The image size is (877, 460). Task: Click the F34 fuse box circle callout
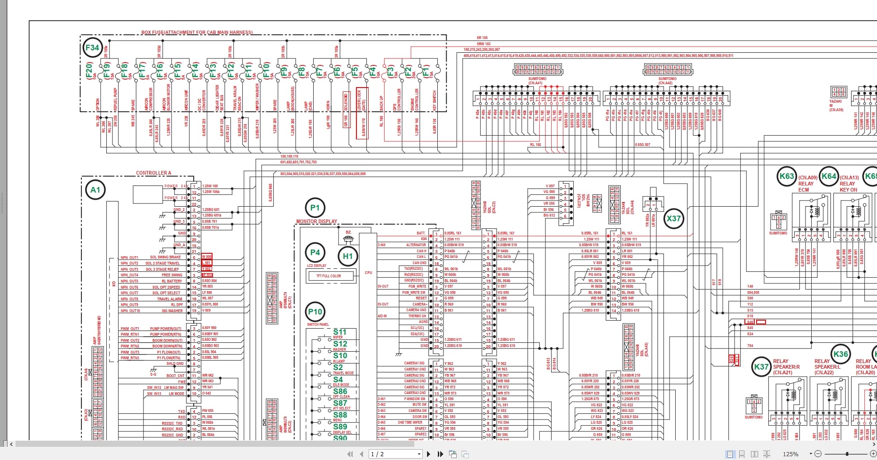[x=92, y=48]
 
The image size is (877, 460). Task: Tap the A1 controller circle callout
[x=95, y=190]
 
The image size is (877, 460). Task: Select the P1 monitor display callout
[x=315, y=208]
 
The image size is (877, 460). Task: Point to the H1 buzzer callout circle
[x=348, y=256]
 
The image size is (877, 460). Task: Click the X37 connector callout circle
[x=673, y=218]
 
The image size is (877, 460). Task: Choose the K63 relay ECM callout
[x=787, y=177]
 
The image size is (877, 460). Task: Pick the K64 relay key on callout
[x=829, y=177]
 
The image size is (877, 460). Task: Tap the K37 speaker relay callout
[x=761, y=367]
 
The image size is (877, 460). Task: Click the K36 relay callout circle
[x=840, y=354]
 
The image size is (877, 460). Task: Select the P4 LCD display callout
[x=315, y=252]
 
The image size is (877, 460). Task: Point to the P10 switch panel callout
[x=315, y=311]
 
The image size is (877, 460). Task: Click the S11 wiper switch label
[x=340, y=332]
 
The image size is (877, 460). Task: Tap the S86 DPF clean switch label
[x=340, y=392]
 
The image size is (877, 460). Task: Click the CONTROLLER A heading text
[x=154, y=173]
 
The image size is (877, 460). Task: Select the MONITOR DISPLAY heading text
[x=316, y=221]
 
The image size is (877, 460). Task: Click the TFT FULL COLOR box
[x=329, y=276]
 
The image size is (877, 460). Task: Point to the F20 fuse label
[x=89, y=71]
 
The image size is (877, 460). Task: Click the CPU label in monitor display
[x=368, y=273]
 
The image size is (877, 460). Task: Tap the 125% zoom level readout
[x=790, y=454]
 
